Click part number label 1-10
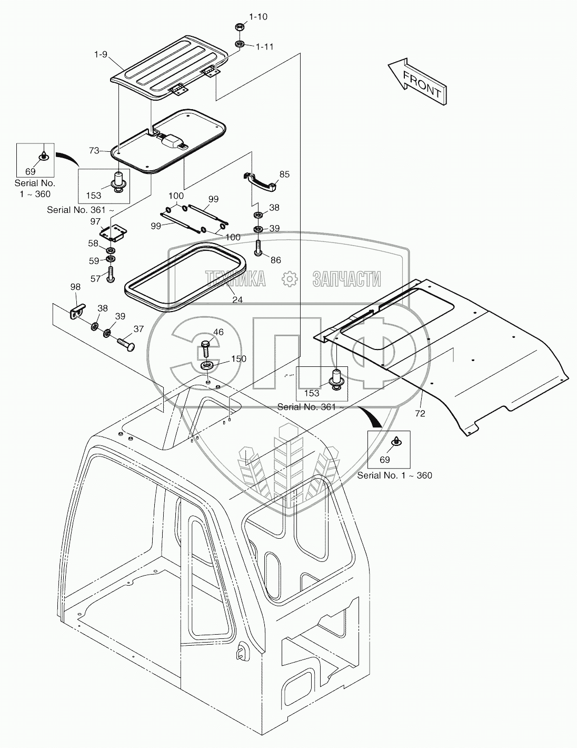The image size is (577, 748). (258, 17)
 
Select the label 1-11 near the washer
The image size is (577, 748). (264, 46)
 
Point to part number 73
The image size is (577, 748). (94, 151)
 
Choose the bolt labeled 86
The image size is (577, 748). (258, 247)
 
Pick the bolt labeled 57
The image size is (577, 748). (111, 274)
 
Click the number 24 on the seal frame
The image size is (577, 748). (237, 299)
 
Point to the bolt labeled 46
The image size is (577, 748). (205, 348)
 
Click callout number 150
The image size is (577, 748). (238, 359)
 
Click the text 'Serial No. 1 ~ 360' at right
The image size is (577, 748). (394, 475)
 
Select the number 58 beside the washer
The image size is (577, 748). (93, 243)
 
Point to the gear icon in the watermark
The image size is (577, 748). (288, 279)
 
